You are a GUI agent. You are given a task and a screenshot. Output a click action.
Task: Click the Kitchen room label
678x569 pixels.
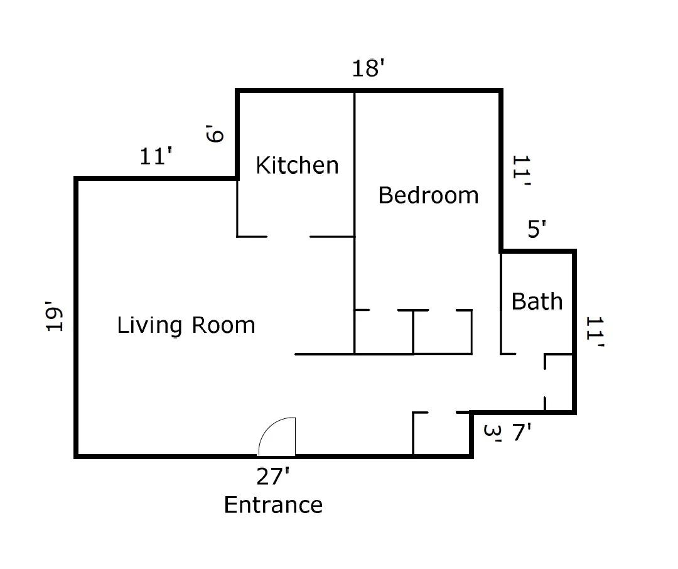[x=298, y=165]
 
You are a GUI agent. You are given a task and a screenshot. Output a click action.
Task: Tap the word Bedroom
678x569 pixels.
[x=428, y=195]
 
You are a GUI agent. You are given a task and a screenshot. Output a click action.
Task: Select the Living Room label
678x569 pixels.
[x=186, y=325]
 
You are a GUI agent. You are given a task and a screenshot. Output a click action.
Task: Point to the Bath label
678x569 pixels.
[x=537, y=301]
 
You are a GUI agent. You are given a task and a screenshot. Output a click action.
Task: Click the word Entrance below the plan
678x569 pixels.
[x=273, y=505]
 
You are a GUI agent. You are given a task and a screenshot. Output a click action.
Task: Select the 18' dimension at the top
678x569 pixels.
[x=367, y=68]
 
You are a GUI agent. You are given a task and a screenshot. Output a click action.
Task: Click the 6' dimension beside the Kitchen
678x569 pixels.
[x=215, y=134]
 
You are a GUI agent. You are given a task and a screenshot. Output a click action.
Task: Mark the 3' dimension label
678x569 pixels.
[x=493, y=433]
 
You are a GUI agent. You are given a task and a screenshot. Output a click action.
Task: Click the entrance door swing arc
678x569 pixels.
[x=276, y=435]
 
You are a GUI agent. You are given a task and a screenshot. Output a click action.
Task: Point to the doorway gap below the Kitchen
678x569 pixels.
[x=288, y=237]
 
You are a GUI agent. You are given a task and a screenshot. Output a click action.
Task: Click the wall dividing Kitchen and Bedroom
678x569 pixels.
[x=355, y=163]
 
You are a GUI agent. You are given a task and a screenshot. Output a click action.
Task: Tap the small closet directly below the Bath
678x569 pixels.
[x=559, y=382]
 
